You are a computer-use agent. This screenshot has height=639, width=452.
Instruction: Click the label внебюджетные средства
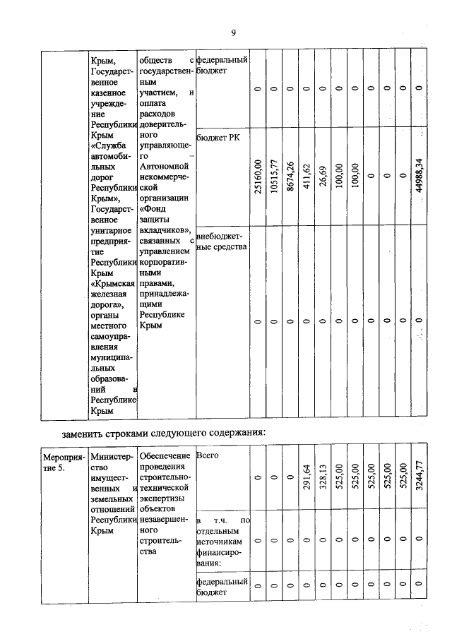pos(221,241)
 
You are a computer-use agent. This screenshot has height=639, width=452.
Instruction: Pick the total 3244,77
pos(420,479)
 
